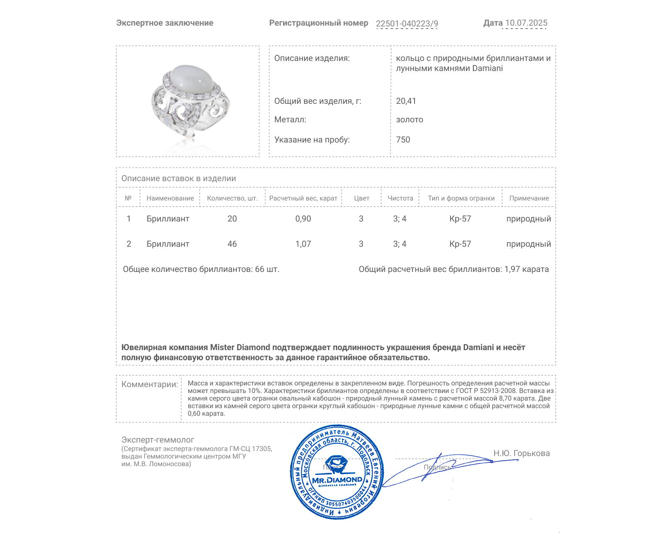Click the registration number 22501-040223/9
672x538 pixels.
point(407,24)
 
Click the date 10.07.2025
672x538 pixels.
point(526,23)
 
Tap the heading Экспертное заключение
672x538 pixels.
point(165,23)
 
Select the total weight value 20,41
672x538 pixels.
point(406,101)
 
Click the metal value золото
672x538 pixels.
point(409,120)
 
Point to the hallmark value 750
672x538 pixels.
point(403,140)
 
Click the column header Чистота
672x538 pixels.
point(400,198)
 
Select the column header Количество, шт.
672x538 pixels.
point(232,198)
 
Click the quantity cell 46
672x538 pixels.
point(232,244)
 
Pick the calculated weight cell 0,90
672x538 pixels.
point(303,219)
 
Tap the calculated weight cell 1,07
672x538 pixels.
point(303,244)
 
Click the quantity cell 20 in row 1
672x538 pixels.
point(232,219)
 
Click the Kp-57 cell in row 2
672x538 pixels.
point(460,244)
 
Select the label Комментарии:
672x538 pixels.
point(150,384)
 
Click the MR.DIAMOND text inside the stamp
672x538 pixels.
point(337,480)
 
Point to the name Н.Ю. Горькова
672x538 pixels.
point(521,453)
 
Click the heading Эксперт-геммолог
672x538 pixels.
point(157,440)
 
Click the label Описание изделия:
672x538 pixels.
point(312,58)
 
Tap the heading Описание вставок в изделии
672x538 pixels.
point(178,178)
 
